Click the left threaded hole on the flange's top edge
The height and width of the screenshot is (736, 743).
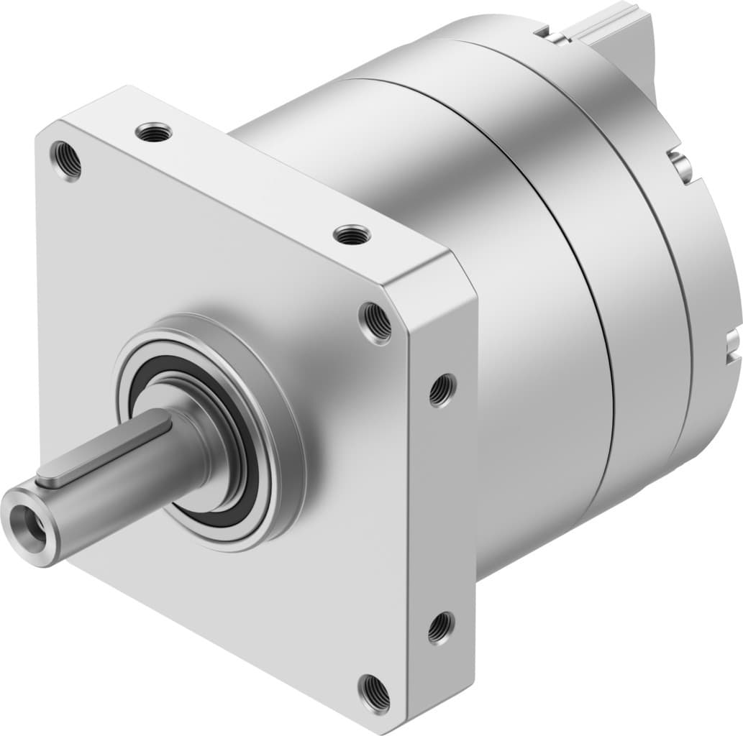coord(155,132)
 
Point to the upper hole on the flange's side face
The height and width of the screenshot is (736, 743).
coord(441,390)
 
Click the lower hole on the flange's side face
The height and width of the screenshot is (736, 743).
coord(439,627)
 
